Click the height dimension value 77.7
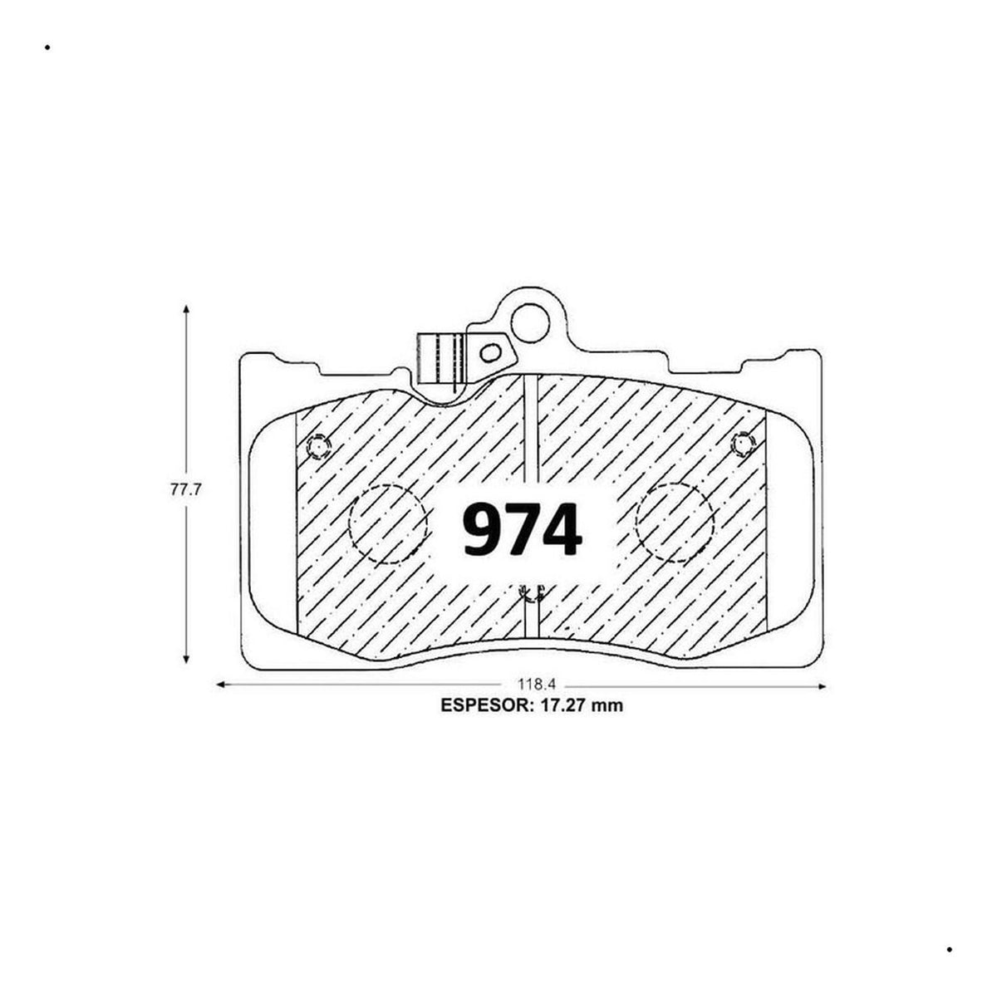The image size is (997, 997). (184, 489)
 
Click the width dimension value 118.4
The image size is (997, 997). (536, 685)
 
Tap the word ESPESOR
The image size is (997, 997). (484, 705)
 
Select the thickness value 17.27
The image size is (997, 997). (561, 705)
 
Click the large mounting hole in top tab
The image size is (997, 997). (530, 322)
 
